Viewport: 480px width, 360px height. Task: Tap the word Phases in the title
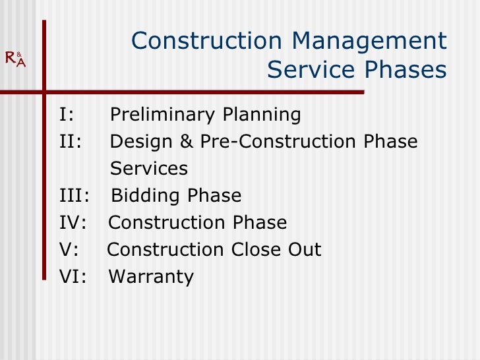click(x=407, y=69)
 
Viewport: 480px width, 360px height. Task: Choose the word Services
click(x=149, y=169)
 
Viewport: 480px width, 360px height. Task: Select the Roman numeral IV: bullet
click(x=73, y=223)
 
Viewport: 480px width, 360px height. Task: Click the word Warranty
click(x=151, y=278)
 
